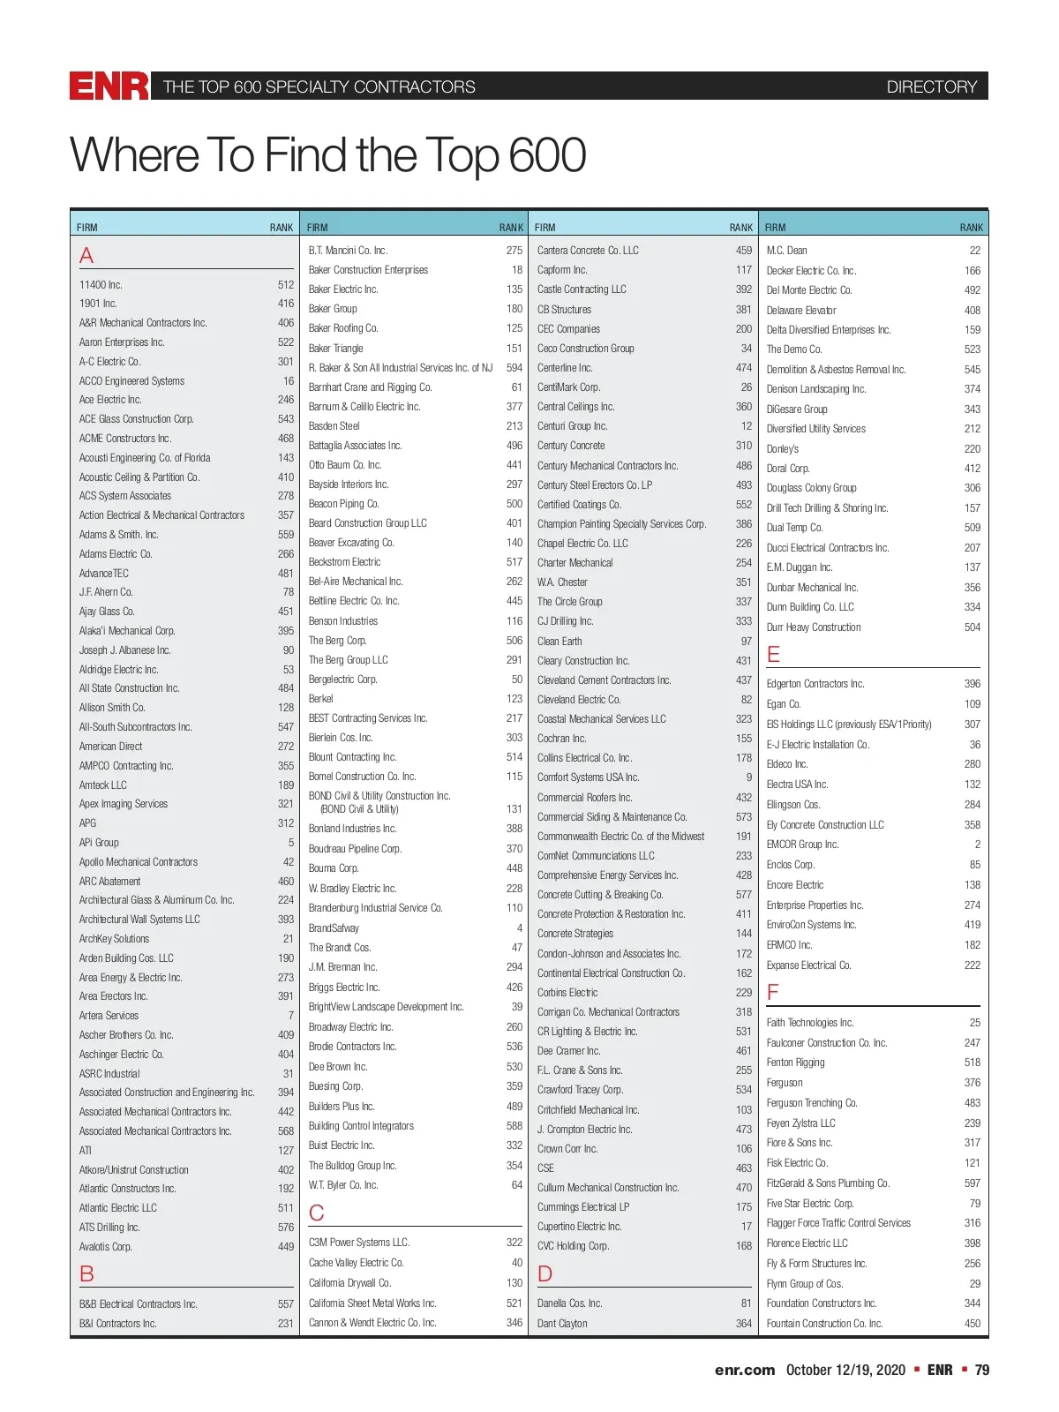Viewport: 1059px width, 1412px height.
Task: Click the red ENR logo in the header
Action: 109,86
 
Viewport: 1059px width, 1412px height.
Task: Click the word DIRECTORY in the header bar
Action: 931,86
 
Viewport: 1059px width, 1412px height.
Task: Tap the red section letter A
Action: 86,256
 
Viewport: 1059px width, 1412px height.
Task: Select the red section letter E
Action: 774,655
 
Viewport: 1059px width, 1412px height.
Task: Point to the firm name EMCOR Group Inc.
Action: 802,845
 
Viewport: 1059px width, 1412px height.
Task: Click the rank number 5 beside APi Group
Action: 290,843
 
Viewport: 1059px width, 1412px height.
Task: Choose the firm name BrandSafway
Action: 334,928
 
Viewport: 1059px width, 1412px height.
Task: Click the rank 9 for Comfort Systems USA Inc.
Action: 748,777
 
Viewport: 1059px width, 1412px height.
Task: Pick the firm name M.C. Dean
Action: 786,251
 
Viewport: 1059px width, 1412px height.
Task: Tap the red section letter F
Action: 773,993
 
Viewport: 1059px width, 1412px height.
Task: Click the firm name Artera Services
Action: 109,1016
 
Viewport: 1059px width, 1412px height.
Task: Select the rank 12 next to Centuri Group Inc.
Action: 746,426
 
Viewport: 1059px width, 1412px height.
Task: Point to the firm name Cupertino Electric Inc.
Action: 579,1227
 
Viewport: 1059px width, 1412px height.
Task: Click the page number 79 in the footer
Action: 981,1370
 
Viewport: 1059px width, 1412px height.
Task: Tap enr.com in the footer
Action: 744,1370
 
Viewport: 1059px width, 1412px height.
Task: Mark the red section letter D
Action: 545,1273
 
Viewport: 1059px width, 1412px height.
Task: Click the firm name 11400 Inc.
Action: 101,285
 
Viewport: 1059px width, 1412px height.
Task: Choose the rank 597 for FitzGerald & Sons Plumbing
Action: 972,1183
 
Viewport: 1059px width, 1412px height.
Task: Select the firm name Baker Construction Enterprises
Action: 368,270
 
